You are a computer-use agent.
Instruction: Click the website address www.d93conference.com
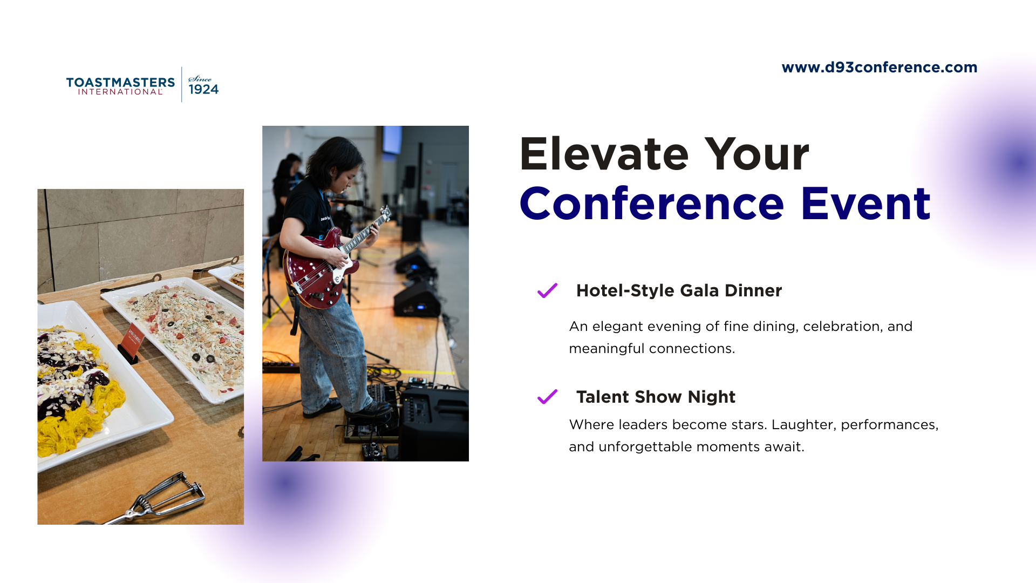(880, 67)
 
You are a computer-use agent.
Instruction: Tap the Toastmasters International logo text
(120, 86)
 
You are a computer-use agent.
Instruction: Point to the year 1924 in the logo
(203, 89)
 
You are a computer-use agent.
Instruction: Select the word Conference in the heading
(652, 204)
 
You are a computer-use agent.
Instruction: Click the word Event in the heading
(866, 204)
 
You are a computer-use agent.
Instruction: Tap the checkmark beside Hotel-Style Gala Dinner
(547, 290)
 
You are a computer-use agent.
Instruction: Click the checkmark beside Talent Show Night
(547, 397)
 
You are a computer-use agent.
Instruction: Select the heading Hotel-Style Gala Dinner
(679, 290)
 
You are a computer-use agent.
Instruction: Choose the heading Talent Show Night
(656, 397)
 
